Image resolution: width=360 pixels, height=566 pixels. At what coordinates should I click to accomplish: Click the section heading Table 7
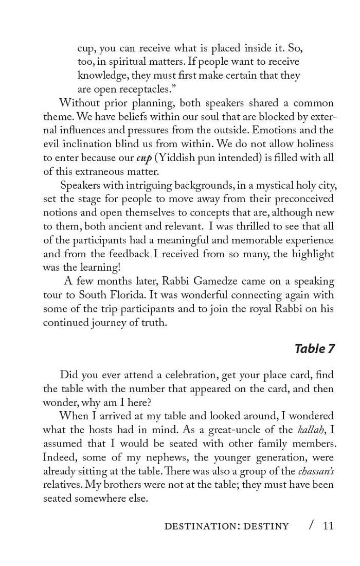coord(314,349)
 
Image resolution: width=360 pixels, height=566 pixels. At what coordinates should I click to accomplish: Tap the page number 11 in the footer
coord(328,525)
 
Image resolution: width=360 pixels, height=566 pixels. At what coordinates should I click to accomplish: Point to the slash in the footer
coord(311,525)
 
